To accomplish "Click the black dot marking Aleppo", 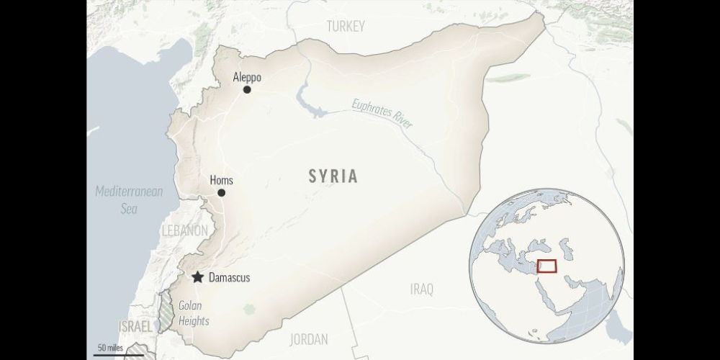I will pos(247,90).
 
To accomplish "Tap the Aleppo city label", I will pos(247,77).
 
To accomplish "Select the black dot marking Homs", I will pos(221,193).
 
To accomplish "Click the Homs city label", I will pos(221,181).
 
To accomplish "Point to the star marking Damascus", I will pos(197,277).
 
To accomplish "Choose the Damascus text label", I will pos(228,278).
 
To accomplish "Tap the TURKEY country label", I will pos(346,27).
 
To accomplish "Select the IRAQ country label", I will pos(422,289).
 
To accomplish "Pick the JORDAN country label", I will pos(308,338).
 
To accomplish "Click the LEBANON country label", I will pos(184,230).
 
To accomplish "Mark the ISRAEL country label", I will pos(135,327).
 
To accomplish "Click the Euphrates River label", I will pos(382,114).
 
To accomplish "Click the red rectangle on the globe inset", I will pos(546,266).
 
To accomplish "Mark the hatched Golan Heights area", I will pos(166,310).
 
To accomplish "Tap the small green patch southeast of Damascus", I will pos(250,309).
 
